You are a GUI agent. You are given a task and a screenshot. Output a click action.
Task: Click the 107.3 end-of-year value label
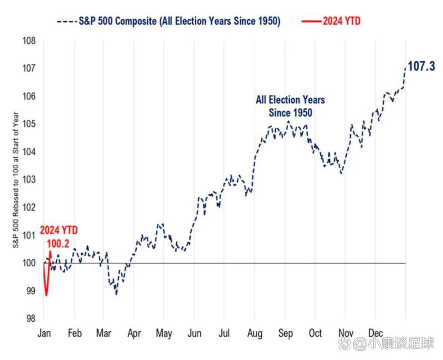click(x=421, y=67)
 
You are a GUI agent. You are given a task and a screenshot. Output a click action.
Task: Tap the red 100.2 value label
click(x=58, y=243)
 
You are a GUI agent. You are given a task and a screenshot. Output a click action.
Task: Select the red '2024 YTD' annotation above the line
click(x=58, y=230)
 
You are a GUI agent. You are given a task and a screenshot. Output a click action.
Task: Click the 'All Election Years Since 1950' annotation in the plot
click(x=290, y=106)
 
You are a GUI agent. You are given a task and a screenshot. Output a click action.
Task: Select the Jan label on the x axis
click(x=44, y=333)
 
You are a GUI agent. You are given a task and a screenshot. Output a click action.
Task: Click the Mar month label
click(x=104, y=333)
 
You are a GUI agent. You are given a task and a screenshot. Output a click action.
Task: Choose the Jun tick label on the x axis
click(x=194, y=333)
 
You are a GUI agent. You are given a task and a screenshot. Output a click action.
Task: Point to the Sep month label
click(x=285, y=333)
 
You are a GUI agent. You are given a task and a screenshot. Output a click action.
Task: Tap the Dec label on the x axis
click(x=375, y=333)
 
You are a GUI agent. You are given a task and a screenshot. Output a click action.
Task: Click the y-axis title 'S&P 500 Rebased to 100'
click(x=16, y=180)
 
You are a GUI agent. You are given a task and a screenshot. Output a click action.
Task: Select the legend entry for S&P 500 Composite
click(x=168, y=22)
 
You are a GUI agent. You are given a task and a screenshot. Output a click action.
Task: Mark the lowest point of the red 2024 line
click(x=46, y=296)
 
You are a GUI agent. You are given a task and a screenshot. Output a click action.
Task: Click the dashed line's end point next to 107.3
click(x=405, y=67)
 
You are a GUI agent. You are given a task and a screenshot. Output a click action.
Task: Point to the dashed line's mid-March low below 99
click(x=116, y=294)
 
